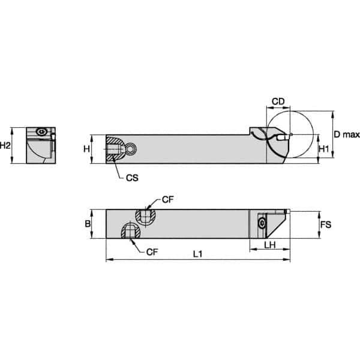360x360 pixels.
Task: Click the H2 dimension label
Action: point(6,145)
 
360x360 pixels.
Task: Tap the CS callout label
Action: point(133,178)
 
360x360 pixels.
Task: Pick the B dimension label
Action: point(88,224)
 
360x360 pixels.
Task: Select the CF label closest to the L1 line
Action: point(152,252)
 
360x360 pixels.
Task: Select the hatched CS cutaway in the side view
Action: point(114,149)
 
